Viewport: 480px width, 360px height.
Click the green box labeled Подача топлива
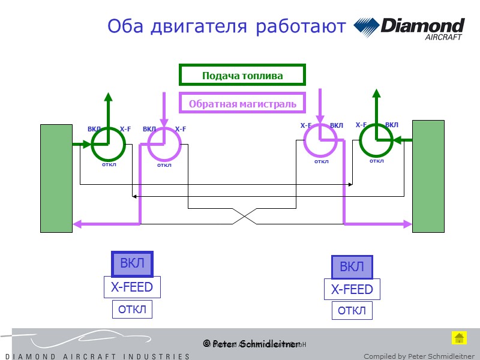(242, 75)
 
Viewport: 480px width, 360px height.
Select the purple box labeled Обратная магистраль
(242, 103)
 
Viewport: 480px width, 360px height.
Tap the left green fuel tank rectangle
(56, 178)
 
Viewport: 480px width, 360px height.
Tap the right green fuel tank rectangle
(428, 176)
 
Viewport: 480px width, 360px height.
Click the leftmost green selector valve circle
(108, 145)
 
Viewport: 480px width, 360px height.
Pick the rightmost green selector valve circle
(376, 140)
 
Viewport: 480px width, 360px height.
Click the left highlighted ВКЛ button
(132, 264)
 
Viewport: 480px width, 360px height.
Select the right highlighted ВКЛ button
(352, 267)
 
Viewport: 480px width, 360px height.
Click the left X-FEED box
(132, 287)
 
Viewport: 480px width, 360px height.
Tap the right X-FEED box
(352, 290)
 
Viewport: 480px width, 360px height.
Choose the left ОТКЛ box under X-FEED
(132, 310)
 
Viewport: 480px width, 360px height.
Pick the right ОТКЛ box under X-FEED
(352, 311)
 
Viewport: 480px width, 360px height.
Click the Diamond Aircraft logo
(410, 28)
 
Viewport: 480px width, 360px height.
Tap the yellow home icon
(459, 338)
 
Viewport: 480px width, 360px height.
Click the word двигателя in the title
(197, 26)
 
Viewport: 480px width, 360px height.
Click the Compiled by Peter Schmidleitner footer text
(418, 356)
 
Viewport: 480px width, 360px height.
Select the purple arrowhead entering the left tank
(76, 224)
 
